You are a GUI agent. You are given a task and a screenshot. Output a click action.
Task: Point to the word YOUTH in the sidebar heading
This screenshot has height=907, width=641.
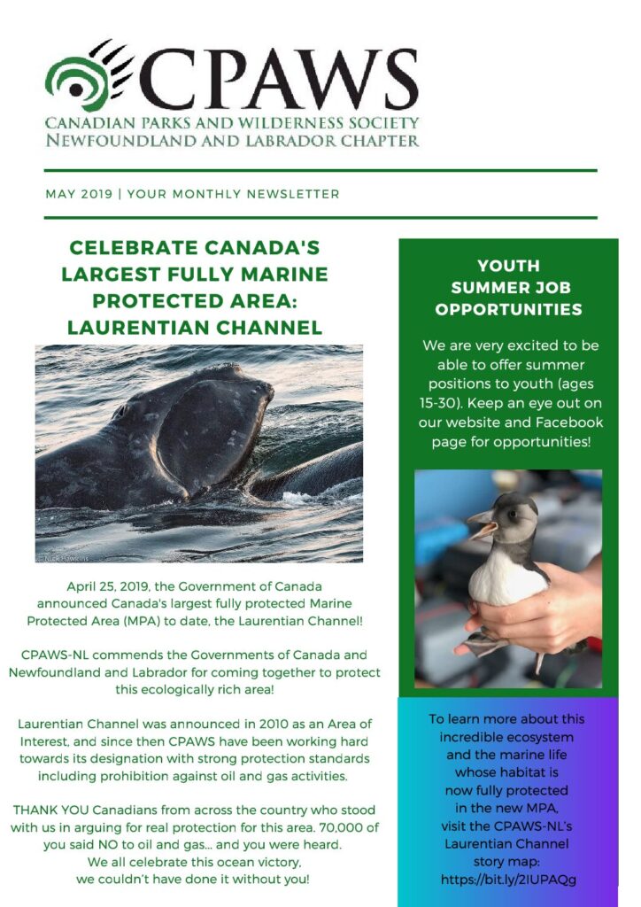pyautogui.click(x=508, y=266)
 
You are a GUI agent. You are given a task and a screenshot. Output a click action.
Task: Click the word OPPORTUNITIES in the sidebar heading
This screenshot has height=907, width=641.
pyautogui.click(x=508, y=309)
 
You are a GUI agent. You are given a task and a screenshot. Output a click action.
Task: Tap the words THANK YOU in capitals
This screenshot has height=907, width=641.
pyautogui.click(x=50, y=810)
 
